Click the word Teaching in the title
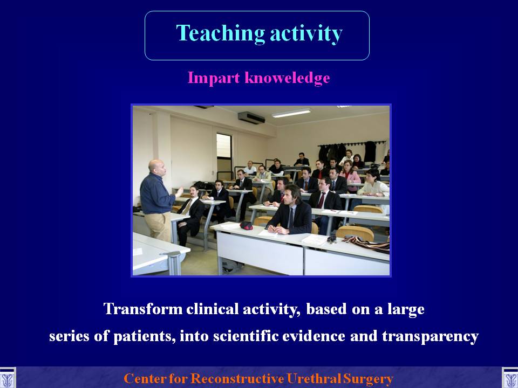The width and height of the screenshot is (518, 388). pos(220,33)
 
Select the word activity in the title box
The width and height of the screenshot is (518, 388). pos(306,33)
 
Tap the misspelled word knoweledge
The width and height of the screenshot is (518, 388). pos(287,78)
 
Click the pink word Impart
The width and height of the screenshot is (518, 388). pos(214,79)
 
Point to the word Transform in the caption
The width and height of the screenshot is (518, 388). pos(142,309)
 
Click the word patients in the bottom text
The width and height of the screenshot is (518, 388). pos(145,336)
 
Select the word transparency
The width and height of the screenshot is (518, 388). pos(431,337)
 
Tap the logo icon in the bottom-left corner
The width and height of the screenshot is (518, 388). pos(7,378)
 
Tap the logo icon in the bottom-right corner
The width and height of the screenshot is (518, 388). pos(510,378)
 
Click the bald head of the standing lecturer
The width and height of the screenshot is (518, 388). pos(156,166)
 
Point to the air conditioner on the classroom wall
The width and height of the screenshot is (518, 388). pos(251,118)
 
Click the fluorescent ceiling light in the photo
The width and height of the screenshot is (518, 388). pos(291,113)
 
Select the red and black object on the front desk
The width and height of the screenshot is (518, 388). pos(246,225)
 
